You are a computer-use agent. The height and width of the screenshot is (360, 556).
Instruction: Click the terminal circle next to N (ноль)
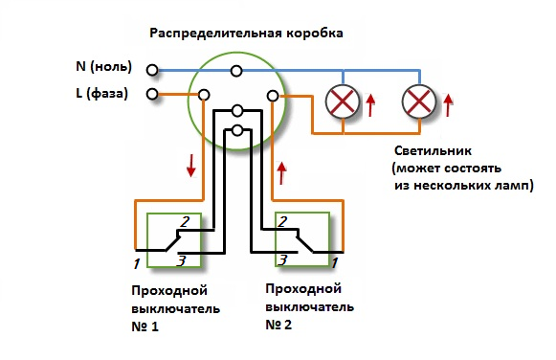152,68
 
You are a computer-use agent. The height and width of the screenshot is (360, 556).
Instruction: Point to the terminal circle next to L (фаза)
152,94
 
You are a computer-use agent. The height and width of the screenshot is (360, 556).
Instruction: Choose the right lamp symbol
418,100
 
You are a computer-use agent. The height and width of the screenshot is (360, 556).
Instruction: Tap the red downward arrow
192,165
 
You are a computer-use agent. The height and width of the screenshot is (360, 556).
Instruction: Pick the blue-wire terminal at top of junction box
235,70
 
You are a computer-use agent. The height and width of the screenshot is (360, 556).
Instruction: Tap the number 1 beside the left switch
136,261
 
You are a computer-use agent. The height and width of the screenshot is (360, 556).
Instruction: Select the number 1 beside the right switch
334,260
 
